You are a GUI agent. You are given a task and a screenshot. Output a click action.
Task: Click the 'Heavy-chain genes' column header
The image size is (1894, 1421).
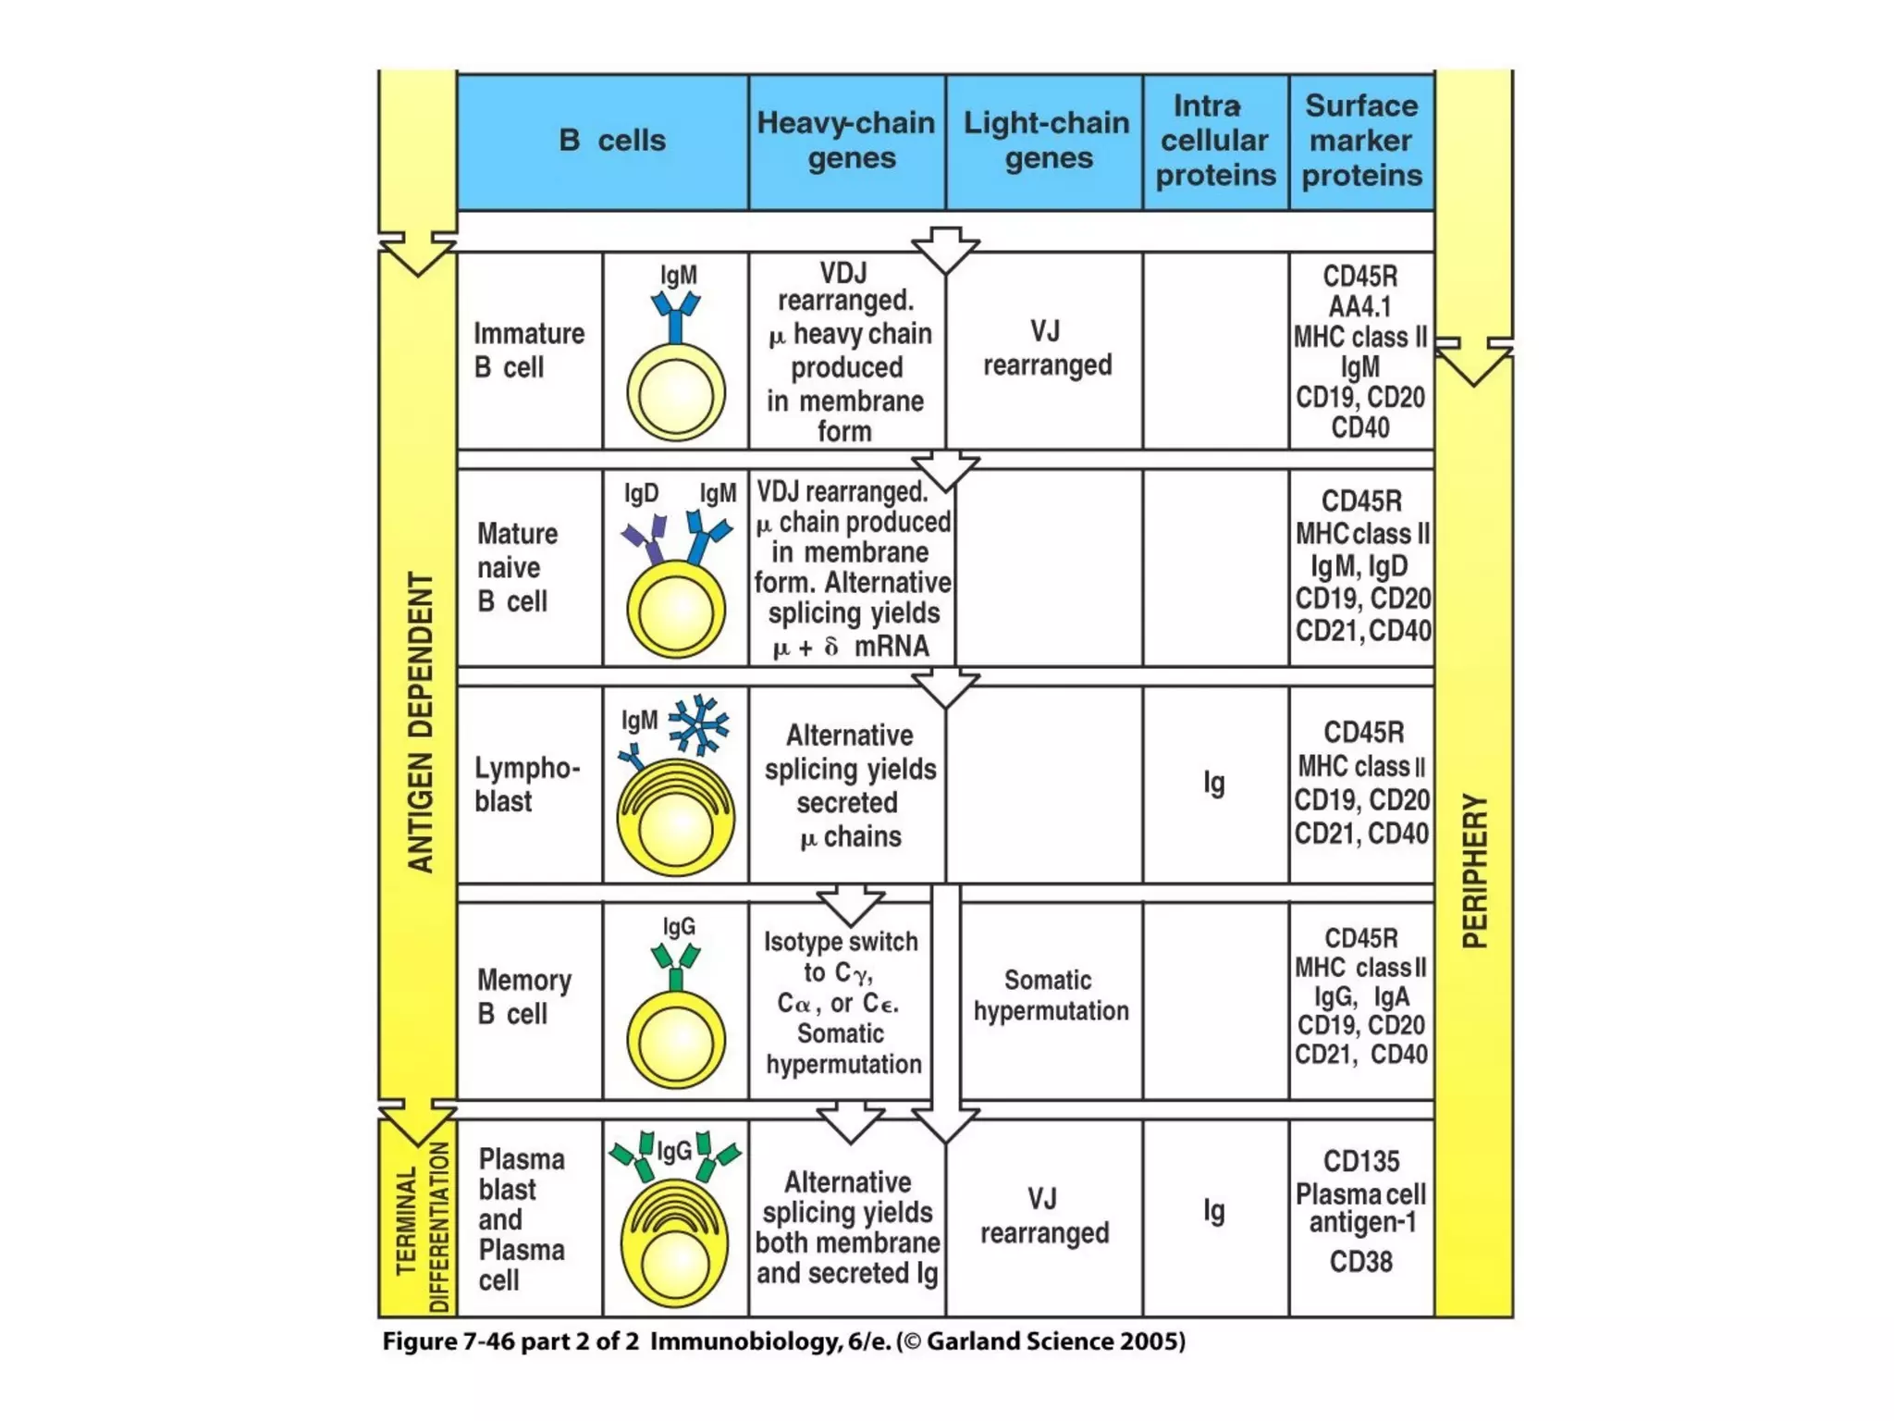(x=846, y=141)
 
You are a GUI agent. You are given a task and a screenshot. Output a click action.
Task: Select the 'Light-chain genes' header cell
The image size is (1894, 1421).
(x=1046, y=141)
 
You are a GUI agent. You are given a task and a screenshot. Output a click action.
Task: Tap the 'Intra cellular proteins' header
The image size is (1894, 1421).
(x=1215, y=141)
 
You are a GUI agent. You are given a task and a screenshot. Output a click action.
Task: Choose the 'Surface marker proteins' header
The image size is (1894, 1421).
(x=1361, y=141)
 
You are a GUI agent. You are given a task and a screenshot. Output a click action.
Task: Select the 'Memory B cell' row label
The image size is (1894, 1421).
(x=524, y=997)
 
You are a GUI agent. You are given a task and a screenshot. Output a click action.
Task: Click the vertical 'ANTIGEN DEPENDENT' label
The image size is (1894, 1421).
(x=421, y=722)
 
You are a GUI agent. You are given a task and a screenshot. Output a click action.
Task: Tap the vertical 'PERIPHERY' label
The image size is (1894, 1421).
(x=1474, y=870)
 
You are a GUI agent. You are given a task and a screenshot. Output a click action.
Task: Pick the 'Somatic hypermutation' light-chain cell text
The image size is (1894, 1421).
(x=1051, y=995)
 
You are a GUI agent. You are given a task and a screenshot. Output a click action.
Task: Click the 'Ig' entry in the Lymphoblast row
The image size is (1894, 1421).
(x=1214, y=784)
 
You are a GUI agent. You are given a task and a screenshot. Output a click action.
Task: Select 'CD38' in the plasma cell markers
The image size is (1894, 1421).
(x=1360, y=1262)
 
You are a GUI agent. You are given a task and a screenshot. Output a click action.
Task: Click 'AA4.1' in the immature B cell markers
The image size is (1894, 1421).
(x=1360, y=306)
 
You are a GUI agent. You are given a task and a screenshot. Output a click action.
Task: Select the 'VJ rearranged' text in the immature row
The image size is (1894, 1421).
(x=1047, y=349)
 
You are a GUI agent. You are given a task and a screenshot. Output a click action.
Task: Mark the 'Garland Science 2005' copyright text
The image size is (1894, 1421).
(x=1054, y=1341)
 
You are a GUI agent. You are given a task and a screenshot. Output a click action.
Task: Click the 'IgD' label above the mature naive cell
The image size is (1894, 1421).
(x=641, y=493)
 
